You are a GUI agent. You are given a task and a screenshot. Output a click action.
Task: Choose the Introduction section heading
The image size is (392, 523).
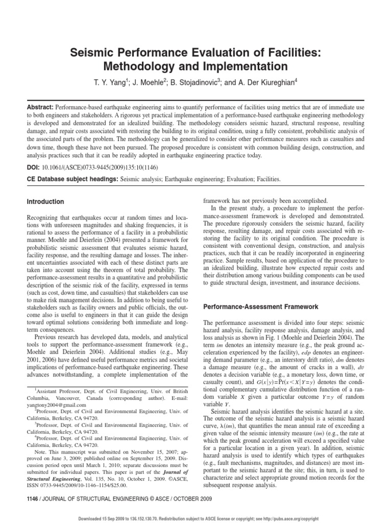45,202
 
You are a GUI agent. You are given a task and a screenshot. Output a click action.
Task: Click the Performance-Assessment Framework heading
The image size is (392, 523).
261,307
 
